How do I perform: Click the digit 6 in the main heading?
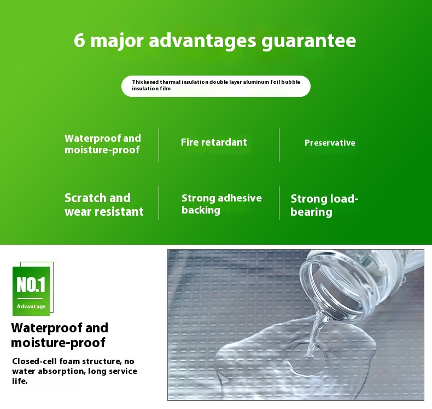tap(79, 41)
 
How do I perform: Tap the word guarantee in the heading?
tap(308, 42)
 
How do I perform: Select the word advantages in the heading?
tap(202, 42)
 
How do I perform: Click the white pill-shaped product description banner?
tap(215, 86)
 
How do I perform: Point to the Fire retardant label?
tap(214, 142)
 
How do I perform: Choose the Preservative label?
tap(330, 143)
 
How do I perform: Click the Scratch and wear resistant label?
tap(104, 205)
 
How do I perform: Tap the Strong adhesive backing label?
tap(221, 204)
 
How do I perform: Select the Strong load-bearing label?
tap(324, 205)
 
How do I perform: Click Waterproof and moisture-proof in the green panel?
tap(102, 144)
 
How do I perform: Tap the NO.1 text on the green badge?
tap(31, 285)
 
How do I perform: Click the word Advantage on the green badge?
tap(31, 307)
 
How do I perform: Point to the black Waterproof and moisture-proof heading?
tap(60, 335)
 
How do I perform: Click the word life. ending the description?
tap(20, 381)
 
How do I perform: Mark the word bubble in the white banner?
tap(290, 82)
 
